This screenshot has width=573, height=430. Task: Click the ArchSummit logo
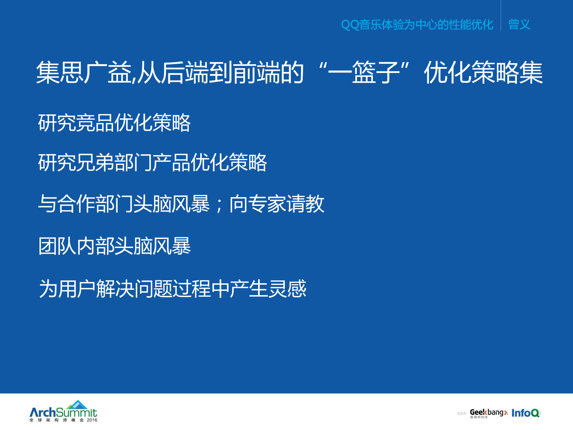pyautogui.click(x=63, y=412)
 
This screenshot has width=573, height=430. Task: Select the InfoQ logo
pyautogui.click(x=526, y=413)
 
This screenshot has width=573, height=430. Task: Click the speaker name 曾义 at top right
pyautogui.click(x=519, y=24)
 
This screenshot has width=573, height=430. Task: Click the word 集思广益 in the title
pyautogui.click(x=84, y=72)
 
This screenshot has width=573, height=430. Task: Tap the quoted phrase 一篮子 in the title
pyautogui.click(x=364, y=72)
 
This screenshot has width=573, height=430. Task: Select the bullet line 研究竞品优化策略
pyautogui.click(x=114, y=123)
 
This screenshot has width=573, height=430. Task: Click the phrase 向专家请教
pyautogui.click(x=276, y=204)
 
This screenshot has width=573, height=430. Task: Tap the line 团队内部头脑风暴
pyautogui.click(x=114, y=246)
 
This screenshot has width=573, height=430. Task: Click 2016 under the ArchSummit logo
pyautogui.click(x=92, y=420)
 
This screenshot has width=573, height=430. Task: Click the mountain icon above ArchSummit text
pyautogui.click(x=77, y=405)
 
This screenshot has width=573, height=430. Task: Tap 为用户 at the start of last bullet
pyautogui.click(x=67, y=289)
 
